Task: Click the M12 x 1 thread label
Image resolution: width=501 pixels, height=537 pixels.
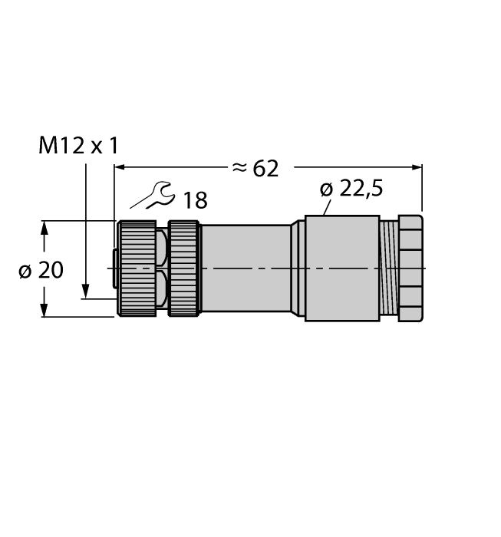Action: point(78,146)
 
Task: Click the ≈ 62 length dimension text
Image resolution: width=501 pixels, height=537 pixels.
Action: point(255,168)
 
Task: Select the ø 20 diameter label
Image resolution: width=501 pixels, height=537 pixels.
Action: point(41,270)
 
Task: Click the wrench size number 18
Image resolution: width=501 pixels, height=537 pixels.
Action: point(195,201)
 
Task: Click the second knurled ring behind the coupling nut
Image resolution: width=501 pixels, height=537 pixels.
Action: point(183,268)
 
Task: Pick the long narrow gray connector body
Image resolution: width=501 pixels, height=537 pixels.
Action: point(246,268)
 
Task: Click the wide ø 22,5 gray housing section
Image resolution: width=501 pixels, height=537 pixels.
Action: point(341,268)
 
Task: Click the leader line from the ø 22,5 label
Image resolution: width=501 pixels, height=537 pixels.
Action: point(328,205)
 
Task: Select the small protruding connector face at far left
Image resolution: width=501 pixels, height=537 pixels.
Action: point(114,268)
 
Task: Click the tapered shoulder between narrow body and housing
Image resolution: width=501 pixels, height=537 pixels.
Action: point(298,268)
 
